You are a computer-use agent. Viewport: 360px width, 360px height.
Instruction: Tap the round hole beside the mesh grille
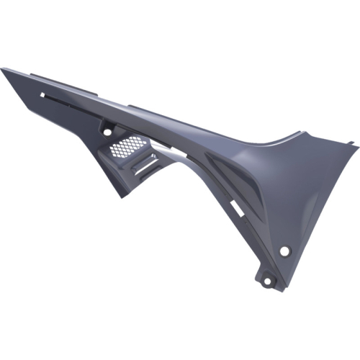coord(107,132)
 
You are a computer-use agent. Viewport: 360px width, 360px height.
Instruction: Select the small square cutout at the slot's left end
coord(44,94)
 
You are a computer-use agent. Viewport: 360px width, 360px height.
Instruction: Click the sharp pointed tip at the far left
coord(2,69)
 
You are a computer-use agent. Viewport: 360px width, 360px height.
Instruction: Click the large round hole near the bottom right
coord(284,251)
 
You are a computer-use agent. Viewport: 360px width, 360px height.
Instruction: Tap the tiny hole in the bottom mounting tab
coord(270,279)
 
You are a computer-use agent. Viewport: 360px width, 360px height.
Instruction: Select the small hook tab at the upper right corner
coord(354,147)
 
